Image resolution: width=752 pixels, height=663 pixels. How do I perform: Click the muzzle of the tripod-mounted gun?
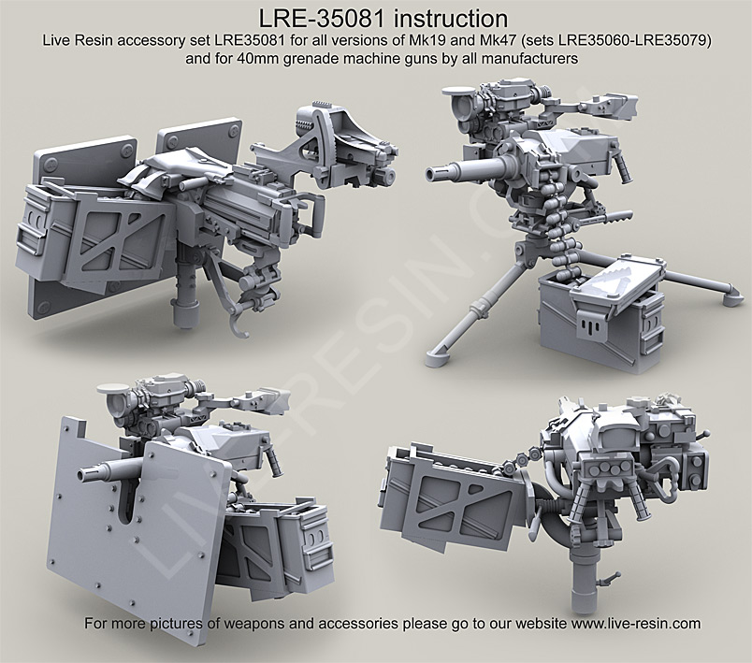pyautogui.click(x=433, y=173)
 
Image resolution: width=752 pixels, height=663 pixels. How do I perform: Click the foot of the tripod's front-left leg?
pyautogui.click(x=438, y=355)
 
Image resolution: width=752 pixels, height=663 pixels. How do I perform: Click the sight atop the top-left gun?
pyautogui.click(x=332, y=131)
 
